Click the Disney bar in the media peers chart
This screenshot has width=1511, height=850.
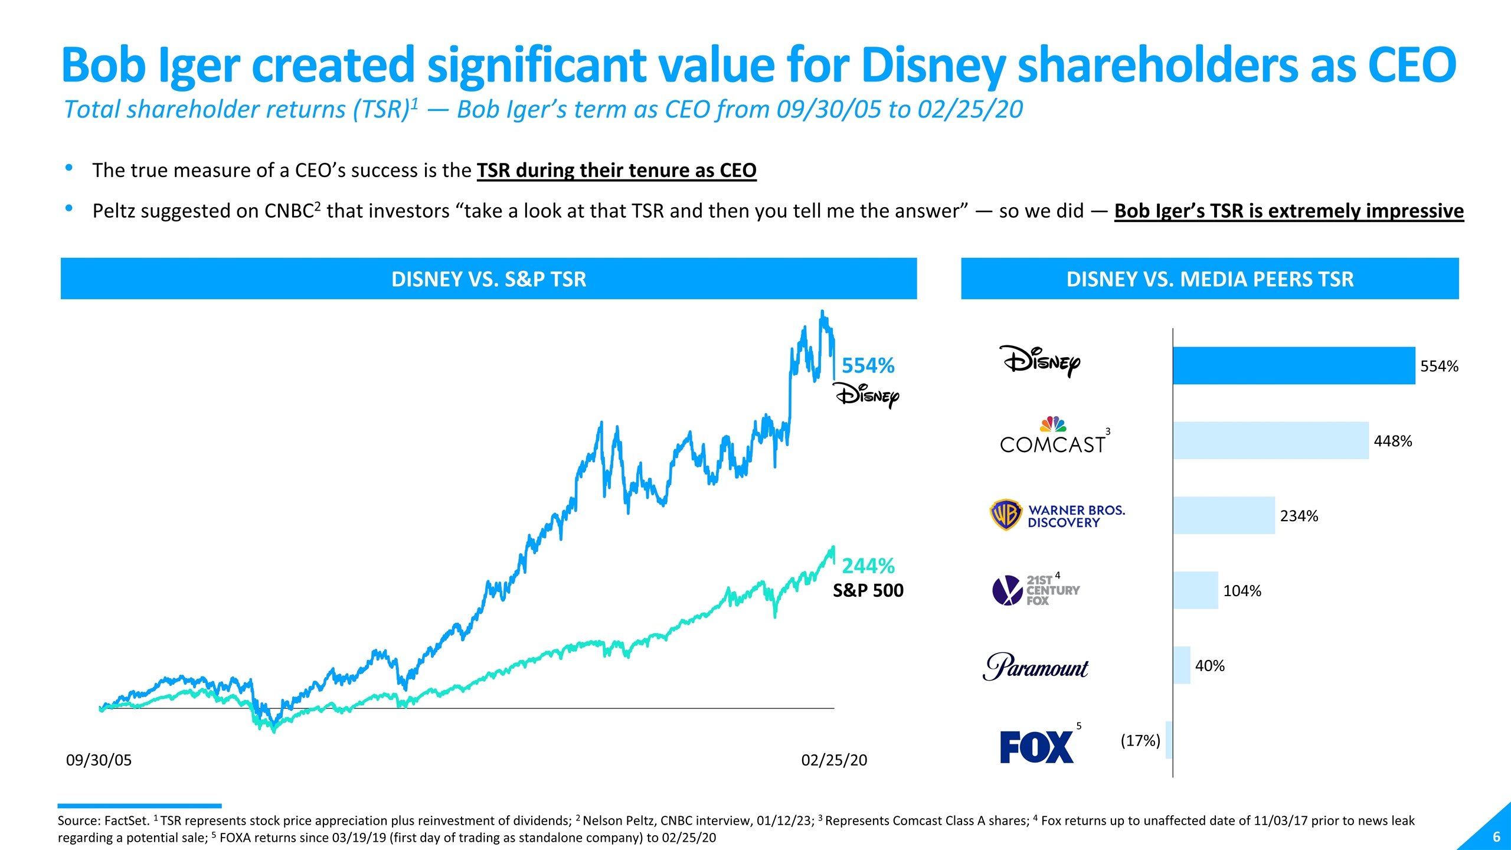point(1294,365)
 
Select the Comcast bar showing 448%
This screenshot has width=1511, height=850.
point(1270,440)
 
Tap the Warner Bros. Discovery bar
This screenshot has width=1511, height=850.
point(1224,515)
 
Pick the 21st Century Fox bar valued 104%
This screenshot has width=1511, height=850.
point(1195,590)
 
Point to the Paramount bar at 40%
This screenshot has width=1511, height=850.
point(1182,665)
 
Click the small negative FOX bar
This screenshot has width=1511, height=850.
point(1169,740)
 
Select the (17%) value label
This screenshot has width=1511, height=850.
point(1140,740)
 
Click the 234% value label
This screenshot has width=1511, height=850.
point(1299,516)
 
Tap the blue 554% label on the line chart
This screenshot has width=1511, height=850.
point(868,365)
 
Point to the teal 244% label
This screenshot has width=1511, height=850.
point(868,565)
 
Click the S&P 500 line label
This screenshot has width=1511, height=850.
point(868,590)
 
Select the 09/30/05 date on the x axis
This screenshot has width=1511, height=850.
point(99,760)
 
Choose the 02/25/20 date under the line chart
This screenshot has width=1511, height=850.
point(834,760)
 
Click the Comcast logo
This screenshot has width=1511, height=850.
point(1053,437)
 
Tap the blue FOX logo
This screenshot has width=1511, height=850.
point(1036,747)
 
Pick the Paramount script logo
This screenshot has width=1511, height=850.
point(1035,666)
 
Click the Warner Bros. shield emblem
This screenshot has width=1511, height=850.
point(1005,515)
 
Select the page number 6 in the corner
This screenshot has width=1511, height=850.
point(1496,836)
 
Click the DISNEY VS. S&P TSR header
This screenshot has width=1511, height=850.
point(489,279)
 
